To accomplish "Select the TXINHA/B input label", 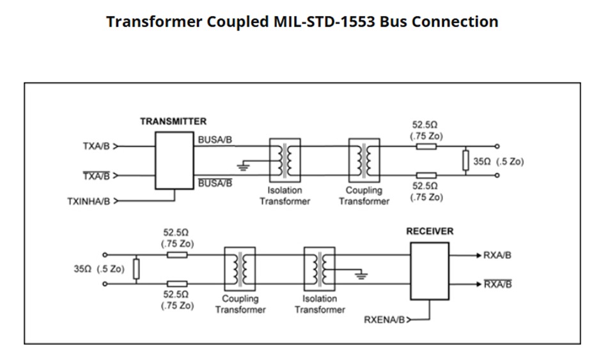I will tap(89, 201).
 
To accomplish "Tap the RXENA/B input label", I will tap(384, 319).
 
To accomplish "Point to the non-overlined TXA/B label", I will tap(96, 146).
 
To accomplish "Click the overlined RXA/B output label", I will tap(497, 285).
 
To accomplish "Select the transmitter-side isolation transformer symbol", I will tap(285, 160).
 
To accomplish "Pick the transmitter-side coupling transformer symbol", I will tap(364, 160).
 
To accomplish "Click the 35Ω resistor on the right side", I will tap(466, 160).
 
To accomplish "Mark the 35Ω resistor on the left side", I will tap(136, 269).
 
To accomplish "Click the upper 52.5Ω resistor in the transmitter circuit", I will tap(426, 146).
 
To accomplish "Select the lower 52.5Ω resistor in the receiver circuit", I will tap(177, 284).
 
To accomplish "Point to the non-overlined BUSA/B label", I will tap(215, 139).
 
